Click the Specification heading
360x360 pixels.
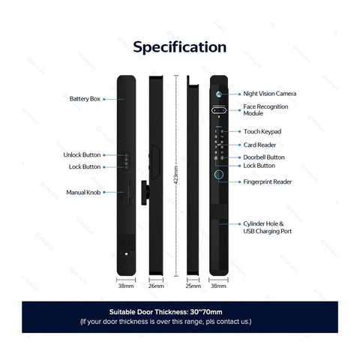180,47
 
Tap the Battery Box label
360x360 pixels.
85,99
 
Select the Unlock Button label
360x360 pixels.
82,155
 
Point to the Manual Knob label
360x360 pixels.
83,193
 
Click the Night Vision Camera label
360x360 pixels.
270,94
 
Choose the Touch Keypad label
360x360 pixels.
262,131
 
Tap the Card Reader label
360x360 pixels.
259,145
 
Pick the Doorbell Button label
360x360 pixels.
264,157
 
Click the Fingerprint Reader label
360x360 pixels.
268,181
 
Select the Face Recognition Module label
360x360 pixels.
265,110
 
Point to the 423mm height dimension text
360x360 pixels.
176,175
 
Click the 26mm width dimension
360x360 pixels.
156,286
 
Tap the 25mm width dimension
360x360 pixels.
193,286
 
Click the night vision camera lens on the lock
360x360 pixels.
219,94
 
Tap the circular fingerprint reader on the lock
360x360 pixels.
219,175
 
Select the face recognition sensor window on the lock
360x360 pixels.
219,110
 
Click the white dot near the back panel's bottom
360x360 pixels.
126,253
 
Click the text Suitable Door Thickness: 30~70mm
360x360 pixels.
166,312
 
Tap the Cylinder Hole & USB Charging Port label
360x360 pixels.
268,227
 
